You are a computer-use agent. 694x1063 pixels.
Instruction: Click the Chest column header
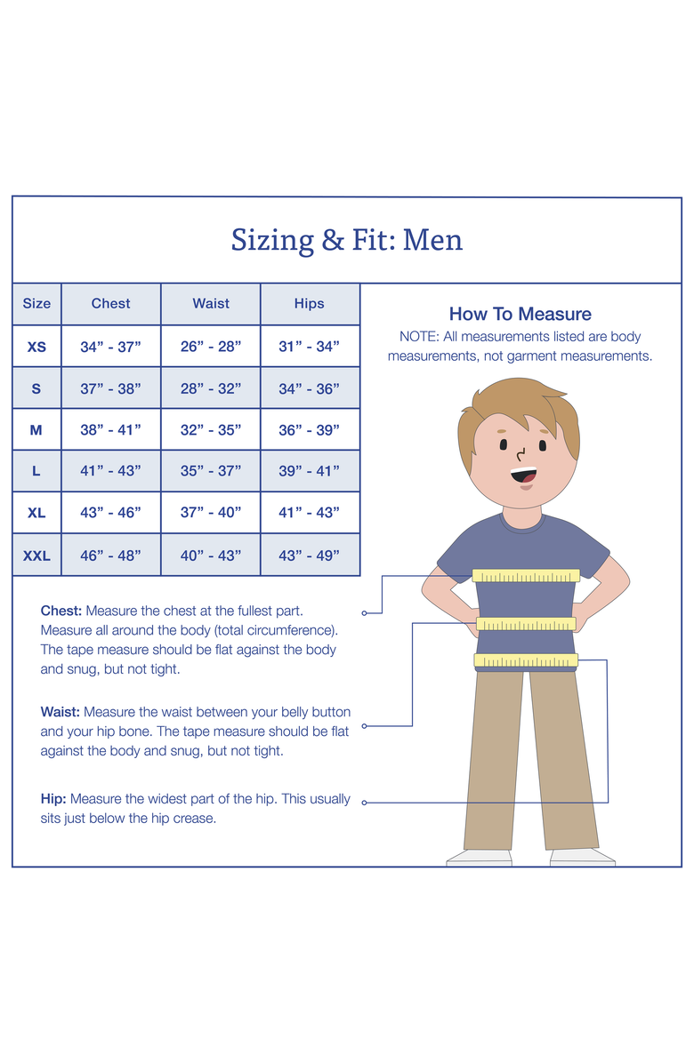[x=110, y=304]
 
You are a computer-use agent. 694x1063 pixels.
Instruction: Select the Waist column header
[x=211, y=304]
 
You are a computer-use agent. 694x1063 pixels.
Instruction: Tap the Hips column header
[x=310, y=304]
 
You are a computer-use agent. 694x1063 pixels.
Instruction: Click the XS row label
[x=36, y=348]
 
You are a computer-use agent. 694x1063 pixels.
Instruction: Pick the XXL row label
[x=36, y=555]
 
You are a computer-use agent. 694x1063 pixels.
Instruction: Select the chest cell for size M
[x=110, y=430]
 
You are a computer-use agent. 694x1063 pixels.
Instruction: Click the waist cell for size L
[x=211, y=470]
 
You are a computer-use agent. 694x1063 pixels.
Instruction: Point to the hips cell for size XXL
[x=310, y=555]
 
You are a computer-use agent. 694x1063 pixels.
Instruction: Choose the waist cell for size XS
[x=211, y=347]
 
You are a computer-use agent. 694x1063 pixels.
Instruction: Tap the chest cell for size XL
[x=110, y=513]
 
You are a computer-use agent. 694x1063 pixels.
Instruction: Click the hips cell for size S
[x=310, y=388]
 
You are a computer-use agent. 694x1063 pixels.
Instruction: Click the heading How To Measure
[x=520, y=314]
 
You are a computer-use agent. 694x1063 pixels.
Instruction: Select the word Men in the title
[x=432, y=240]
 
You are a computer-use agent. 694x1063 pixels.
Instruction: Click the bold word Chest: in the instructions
[x=61, y=611]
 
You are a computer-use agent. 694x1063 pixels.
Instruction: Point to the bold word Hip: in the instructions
[x=53, y=799]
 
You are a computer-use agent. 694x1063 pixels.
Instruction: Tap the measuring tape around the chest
[x=526, y=576]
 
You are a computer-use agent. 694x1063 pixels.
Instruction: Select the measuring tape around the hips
[x=526, y=659]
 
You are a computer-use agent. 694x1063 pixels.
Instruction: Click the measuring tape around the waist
[x=526, y=624]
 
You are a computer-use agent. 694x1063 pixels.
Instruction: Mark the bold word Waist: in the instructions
[x=61, y=712]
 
